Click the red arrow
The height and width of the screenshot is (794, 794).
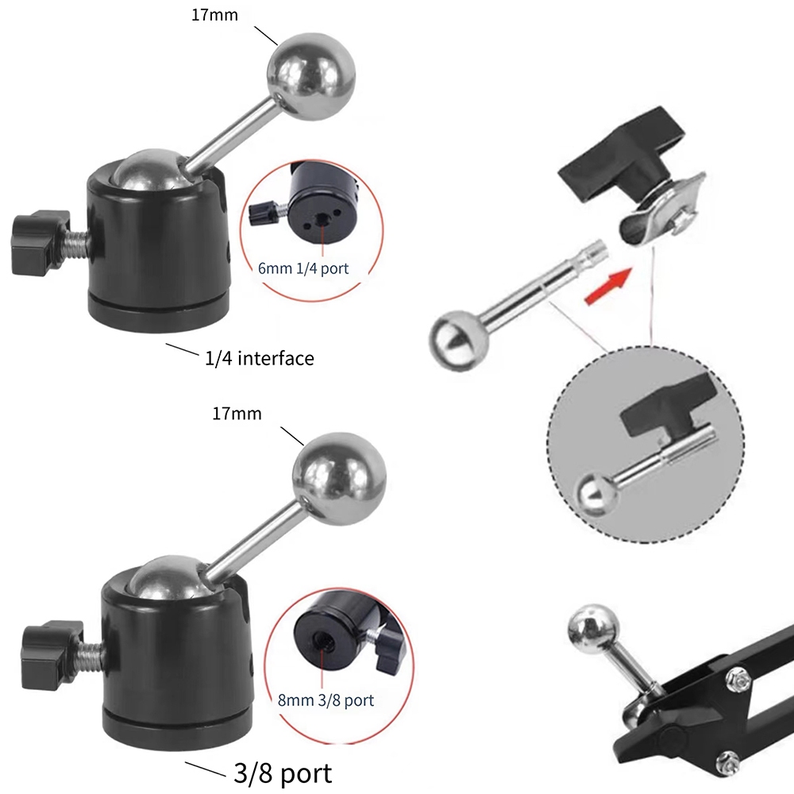[x=608, y=286]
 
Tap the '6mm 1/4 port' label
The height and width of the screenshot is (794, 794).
[x=303, y=268]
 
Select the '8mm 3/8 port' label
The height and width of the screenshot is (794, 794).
[x=326, y=700]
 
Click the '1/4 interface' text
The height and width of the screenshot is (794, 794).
[x=260, y=359]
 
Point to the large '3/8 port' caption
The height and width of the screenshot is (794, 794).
[x=283, y=773]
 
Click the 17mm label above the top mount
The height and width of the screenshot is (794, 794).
[x=214, y=15]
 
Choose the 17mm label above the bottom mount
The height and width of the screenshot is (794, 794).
[x=237, y=414]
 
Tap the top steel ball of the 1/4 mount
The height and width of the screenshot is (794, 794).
[x=311, y=77]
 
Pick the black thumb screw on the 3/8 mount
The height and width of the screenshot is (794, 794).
[x=52, y=654]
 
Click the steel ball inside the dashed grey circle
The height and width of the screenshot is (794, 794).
[x=597, y=493]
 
